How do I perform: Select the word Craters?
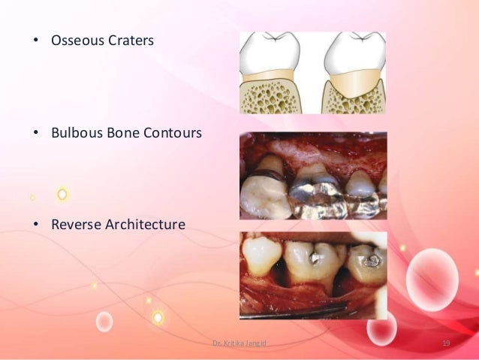click(128, 40)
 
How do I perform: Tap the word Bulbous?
click(75, 133)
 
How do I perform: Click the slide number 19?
click(446, 343)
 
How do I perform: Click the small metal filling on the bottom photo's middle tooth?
click(315, 258)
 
